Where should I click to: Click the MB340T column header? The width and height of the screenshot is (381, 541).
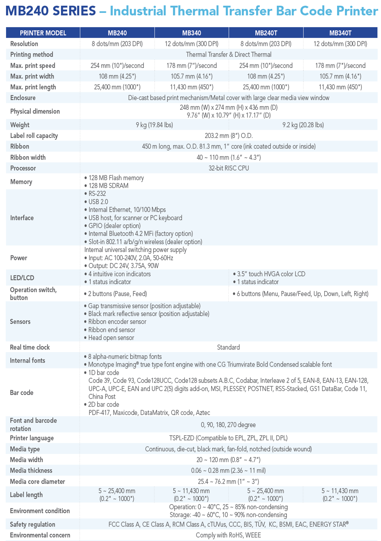coord(340,33)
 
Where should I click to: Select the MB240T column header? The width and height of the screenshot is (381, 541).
coord(266,33)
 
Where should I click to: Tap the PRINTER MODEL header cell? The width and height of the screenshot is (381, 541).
coord(43,33)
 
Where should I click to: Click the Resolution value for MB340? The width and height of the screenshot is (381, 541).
coord(191,44)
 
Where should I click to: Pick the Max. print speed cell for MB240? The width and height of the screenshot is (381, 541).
coord(117,65)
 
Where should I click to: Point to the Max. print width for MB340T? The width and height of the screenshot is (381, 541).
coord(340,76)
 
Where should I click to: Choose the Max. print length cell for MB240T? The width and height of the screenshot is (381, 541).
coord(266,87)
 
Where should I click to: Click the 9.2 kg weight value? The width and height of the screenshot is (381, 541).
coord(303,125)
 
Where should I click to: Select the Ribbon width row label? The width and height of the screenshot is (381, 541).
coord(28,157)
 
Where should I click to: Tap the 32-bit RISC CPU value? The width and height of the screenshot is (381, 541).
coord(229,168)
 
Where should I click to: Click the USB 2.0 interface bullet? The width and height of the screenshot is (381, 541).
coord(98,202)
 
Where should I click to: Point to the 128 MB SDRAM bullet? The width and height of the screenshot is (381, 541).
coord(108,186)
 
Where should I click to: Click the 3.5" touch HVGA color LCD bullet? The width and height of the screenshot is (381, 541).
coord(271,274)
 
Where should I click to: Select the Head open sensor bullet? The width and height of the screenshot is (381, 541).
coord(111,338)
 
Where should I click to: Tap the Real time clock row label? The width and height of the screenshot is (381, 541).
coord(30,347)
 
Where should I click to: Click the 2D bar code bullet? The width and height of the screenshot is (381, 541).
coord(103,404)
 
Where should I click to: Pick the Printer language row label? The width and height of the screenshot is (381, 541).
coord(32,438)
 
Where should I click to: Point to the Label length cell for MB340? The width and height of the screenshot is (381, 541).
coord(191,495)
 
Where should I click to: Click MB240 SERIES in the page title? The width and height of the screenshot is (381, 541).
coord(51,11)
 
